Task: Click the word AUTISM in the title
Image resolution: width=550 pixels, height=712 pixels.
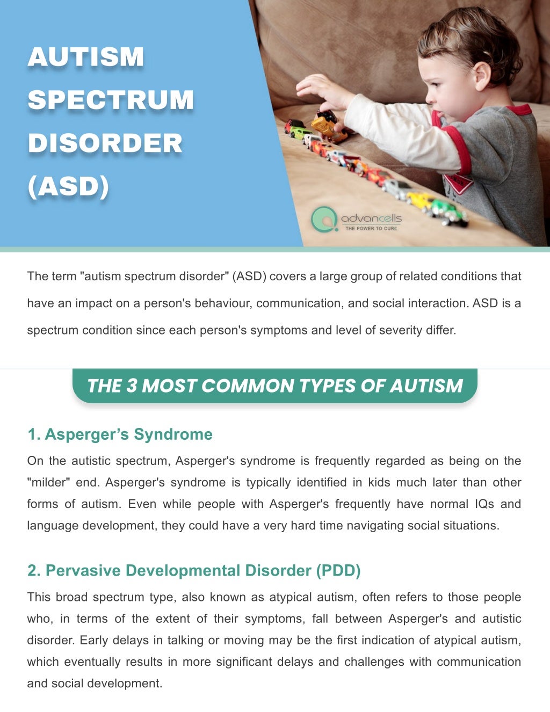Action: (86, 57)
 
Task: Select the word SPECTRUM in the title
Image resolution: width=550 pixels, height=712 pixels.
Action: (111, 100)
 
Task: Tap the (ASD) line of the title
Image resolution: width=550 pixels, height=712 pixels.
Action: (68, 186)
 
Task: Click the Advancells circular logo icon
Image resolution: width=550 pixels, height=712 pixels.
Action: (323, 219)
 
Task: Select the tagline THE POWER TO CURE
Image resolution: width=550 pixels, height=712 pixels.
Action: (371, 229)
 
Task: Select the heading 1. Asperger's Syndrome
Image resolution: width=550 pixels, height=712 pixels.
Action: (120, 434)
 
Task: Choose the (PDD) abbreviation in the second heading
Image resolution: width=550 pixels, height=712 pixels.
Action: (338, 570)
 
